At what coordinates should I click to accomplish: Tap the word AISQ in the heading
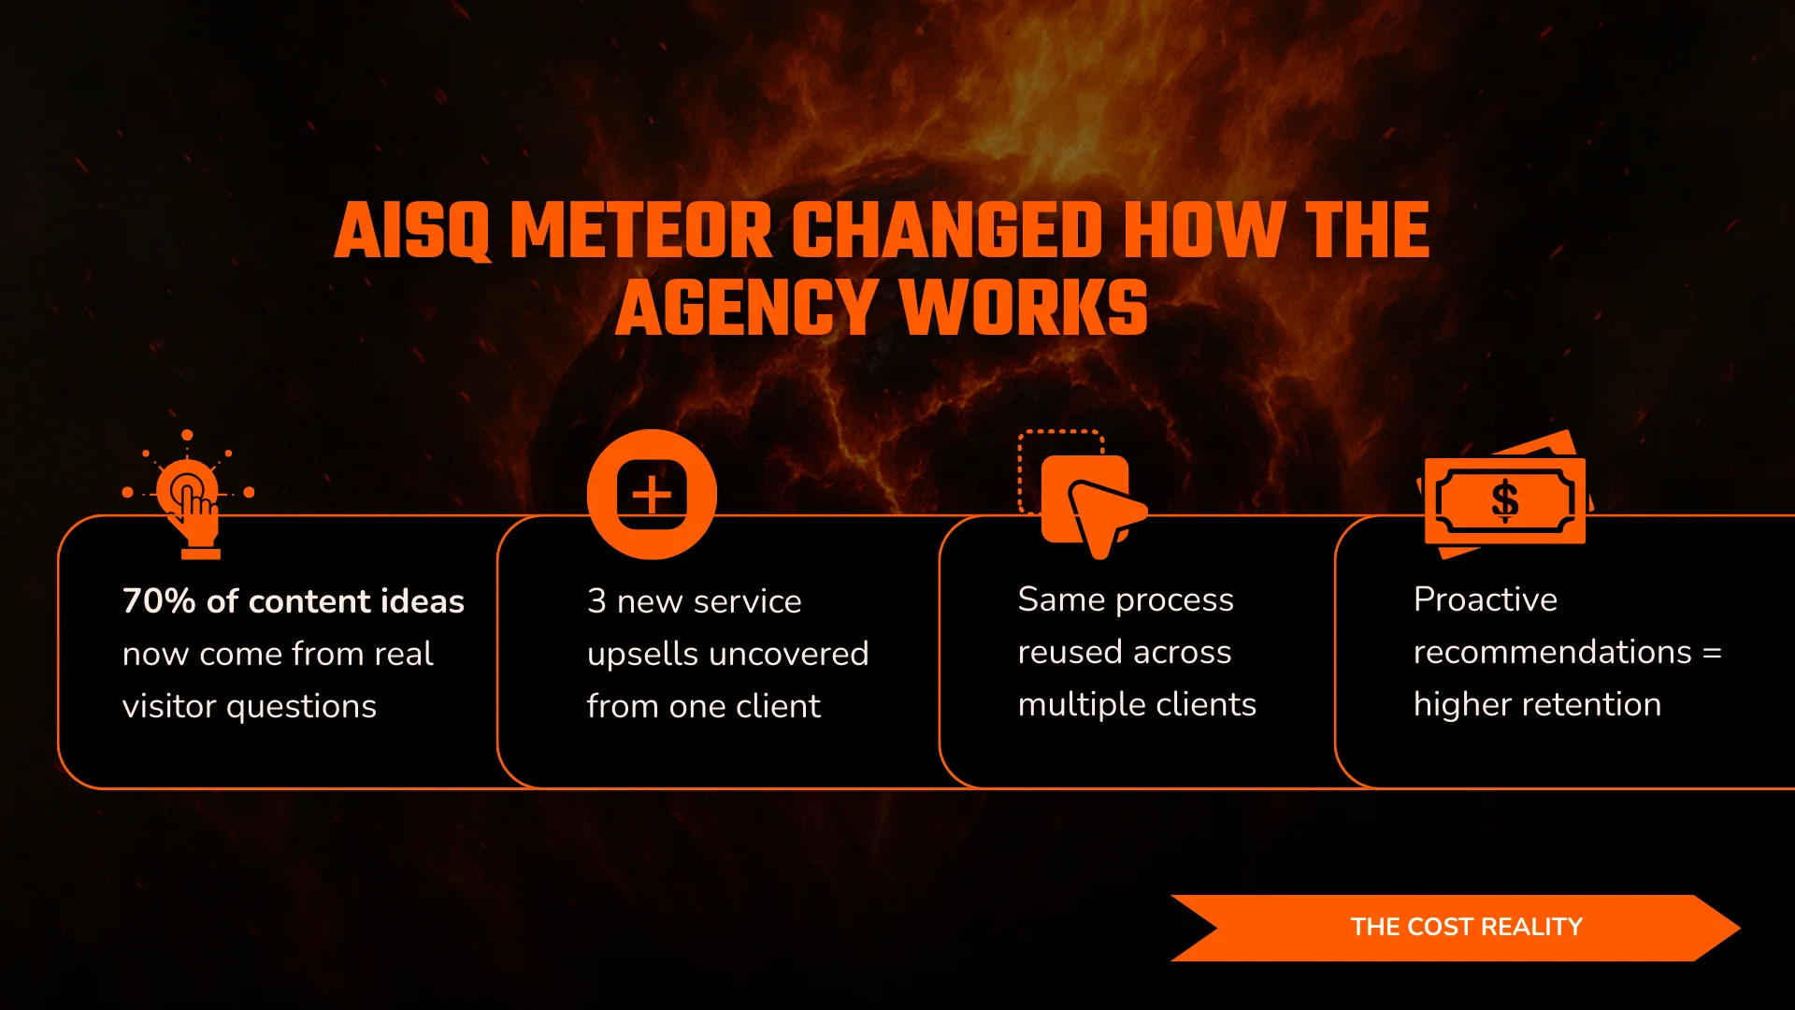point(412,231)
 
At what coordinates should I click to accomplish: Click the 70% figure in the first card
point(159,600)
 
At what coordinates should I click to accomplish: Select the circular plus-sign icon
point(652,495)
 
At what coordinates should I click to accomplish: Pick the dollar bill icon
point(1504,495)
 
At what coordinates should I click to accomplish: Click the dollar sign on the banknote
point(1504,500)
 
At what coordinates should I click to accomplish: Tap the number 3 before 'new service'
point(596,601)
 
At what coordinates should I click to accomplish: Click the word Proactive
point(1486,599)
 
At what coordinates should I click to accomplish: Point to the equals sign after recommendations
point(1712,653)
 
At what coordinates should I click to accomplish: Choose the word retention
point(1600,704)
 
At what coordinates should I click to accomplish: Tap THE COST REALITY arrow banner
point(1456,928)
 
